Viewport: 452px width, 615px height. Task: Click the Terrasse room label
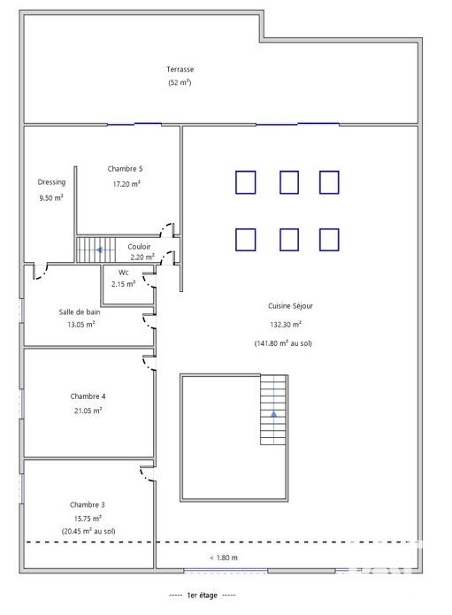tap(180, 69)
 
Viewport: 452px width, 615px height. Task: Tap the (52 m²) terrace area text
tap(180, 83)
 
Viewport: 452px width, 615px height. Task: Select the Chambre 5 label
tap(125, 169)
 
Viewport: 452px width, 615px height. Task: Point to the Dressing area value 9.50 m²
tap(52, 198)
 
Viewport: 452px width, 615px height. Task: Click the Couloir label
tap(139, 246)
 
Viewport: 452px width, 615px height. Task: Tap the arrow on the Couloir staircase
tap(99, 250)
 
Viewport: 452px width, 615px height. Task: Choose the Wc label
tap(123, 272)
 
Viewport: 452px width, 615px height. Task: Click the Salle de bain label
tap(80, 312)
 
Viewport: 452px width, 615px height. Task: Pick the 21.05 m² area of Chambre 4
tap(88, 411)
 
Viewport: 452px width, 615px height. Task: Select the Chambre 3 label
tap(87, 505)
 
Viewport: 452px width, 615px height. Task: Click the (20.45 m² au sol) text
tap(89, 531)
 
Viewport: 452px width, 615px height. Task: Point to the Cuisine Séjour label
tap(290, 306)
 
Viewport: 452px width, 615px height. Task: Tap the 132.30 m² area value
tap(286, 325)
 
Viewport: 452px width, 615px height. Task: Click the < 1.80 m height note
tap(224, 558)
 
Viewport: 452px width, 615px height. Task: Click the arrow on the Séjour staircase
tap(273, 414)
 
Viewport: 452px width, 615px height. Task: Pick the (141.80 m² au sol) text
tap(283, 343)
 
